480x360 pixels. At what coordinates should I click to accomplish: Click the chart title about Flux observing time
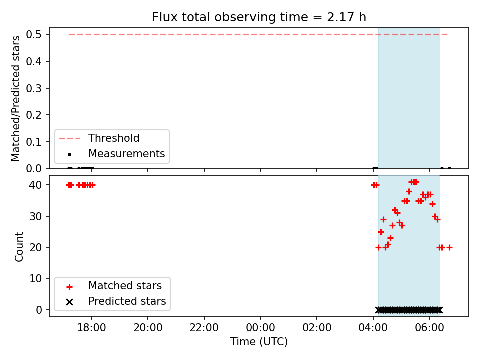[259, 17]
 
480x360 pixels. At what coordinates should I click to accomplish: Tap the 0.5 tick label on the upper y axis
[33, 34]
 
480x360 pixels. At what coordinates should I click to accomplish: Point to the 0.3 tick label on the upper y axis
[33, 88]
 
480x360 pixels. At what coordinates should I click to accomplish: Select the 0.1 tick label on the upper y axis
[33, 142]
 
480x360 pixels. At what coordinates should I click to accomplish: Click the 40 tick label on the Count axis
[36, 185]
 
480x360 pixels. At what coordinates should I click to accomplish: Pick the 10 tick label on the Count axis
[36, 278]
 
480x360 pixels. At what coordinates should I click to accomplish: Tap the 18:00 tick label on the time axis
[91, 328]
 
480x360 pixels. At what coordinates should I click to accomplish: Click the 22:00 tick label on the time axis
[204, 328]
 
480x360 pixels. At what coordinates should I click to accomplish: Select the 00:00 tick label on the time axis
[260, 328]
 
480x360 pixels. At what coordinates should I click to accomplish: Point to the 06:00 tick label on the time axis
[429, 328]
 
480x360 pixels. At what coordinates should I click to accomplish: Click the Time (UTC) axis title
[259, 341]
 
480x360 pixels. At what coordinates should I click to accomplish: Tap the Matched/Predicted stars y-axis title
[16, 98]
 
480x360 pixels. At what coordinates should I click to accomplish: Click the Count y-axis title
[19, 246]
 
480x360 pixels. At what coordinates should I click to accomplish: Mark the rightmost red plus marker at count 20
[449, 247]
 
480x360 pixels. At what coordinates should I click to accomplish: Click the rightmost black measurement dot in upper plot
[449, 168]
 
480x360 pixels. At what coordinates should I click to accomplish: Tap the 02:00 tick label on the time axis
[317, 328]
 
